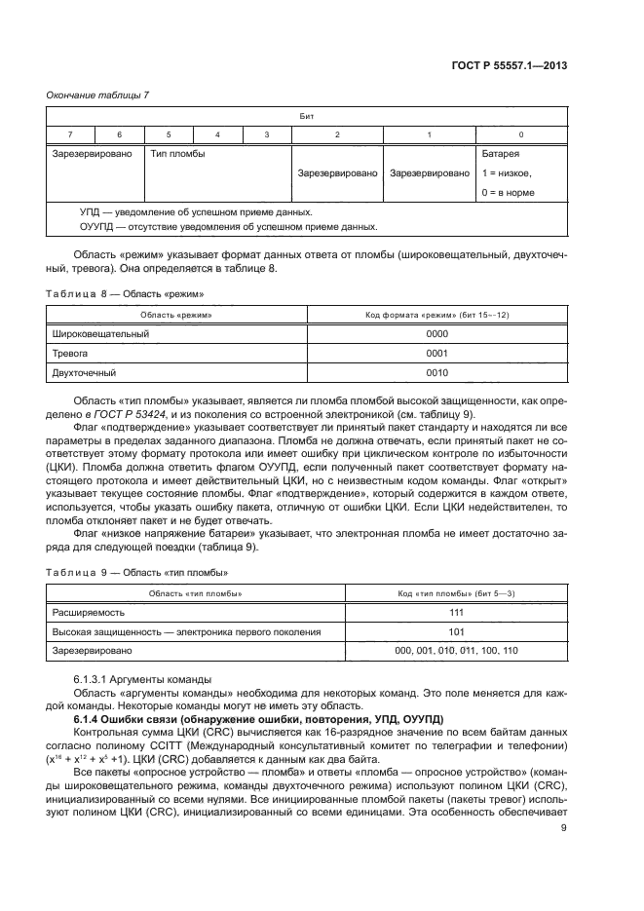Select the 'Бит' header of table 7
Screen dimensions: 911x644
point(307,115)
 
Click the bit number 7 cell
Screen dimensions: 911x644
point(69,133)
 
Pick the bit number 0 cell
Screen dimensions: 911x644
point(521,133)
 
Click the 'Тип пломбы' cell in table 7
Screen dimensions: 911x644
point(176,154)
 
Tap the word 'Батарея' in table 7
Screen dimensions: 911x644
point(501,154)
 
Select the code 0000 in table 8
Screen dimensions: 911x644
point(437,333)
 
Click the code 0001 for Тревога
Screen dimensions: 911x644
point(437,353)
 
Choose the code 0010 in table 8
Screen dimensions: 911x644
point(437,372)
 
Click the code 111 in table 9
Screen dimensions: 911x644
point(456,612)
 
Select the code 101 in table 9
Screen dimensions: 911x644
point(456,631)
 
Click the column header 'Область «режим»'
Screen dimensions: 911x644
point(176,315)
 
